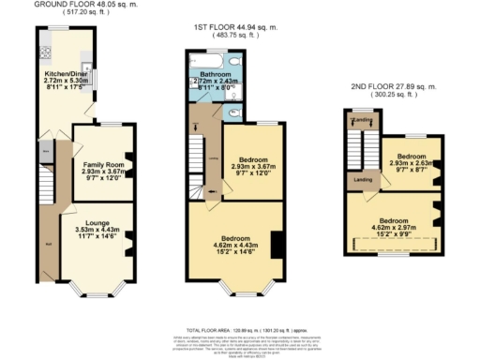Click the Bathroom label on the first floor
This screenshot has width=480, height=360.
(x=213, y=73)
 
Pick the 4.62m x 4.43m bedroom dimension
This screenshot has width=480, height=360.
(x=232, y=246)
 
